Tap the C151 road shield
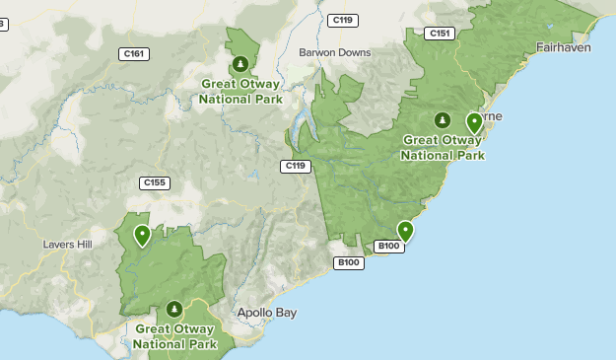coord(439,34)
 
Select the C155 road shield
coord(154,182)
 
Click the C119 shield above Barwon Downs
coord(343,20)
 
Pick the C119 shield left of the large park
coord(295,166)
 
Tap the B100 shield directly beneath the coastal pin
coord(389,247)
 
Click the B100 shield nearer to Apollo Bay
coord(349,262)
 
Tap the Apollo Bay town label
coord(266,313)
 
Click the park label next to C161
coord(240,92)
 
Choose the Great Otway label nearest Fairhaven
coord(443,148)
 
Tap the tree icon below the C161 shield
coord(240,65)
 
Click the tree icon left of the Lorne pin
coord(443,120)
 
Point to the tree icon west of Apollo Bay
coord(174,309)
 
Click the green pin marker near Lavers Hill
coord(143,235)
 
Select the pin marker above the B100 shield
coord(404,231)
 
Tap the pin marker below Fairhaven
coord(474,122)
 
